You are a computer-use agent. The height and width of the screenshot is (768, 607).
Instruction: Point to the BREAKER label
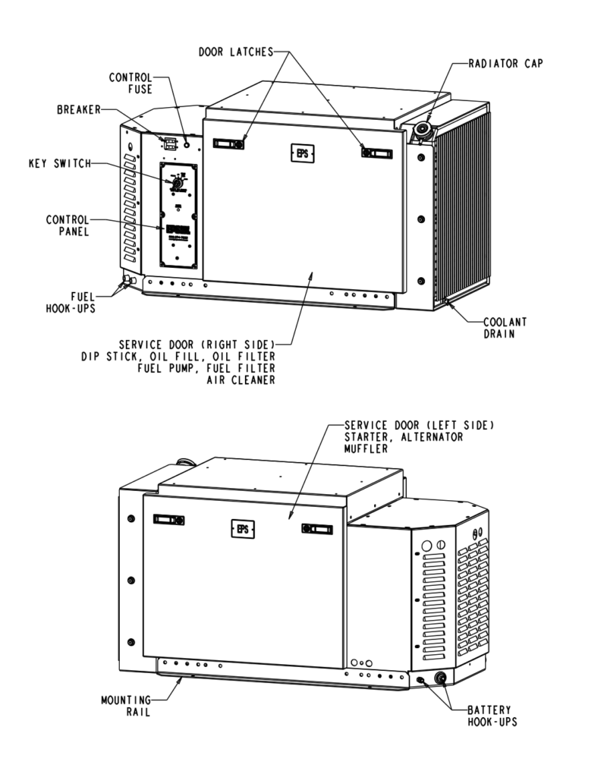click(x=79, y=109)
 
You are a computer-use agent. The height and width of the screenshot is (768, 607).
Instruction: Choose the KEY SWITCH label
click(x=60, y=162)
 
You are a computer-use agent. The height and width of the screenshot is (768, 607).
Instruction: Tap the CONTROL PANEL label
click(x=68, y=225)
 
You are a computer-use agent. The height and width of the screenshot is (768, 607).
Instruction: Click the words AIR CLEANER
click(x=241, y=380)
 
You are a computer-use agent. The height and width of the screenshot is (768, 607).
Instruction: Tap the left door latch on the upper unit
click(x=228, y=143)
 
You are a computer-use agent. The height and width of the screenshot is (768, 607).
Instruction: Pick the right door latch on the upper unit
click(x=377, y=153)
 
